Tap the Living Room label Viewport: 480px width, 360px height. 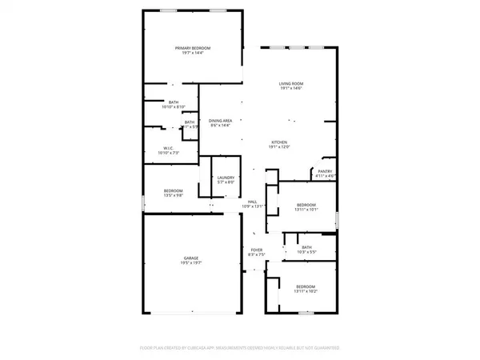tap(291, 83)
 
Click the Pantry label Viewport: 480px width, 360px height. tap(325, 171)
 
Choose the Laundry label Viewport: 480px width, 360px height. tap(225, 178)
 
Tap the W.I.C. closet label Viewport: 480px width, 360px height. tap(169, 147)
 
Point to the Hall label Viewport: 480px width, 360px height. tap(252, 202)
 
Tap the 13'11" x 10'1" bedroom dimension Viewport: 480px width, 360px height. tap(306, 211)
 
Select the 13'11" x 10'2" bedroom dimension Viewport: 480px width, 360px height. tap(306, 291)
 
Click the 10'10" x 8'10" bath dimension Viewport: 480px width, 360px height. tap(174, 107)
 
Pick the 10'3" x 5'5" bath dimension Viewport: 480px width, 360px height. tap(306, 251)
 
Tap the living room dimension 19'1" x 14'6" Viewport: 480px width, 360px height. tap(291, 88)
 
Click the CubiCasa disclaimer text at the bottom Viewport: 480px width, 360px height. tap(240, 348)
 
